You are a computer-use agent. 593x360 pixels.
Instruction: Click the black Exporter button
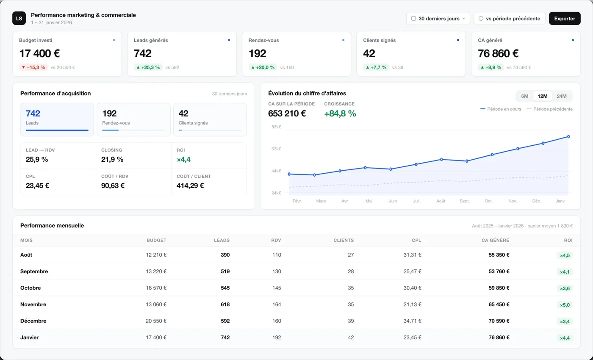(564, 19)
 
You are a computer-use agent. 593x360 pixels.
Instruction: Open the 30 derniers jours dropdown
(438, 19)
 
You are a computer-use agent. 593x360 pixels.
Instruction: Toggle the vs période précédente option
(509, 19)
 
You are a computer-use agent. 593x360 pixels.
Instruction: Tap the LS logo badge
(19, 18)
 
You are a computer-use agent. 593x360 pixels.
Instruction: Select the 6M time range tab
(524, 96)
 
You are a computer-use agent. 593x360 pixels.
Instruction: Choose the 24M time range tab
(562, 96)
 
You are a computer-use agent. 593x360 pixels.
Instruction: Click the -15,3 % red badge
(33, 67)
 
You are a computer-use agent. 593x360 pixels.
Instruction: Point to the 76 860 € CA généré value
(498, 53)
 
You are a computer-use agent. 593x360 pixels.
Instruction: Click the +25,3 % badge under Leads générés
(148, 67)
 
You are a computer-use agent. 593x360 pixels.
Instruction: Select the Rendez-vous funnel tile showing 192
(134, 119)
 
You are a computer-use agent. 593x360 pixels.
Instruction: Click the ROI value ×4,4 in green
(183, 159)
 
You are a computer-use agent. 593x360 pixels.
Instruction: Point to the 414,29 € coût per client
(190, 186)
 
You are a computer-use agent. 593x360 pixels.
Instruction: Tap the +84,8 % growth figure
(340, 114)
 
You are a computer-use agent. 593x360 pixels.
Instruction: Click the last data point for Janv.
(568, 136)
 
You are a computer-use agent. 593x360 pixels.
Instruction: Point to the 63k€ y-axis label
(276, 149)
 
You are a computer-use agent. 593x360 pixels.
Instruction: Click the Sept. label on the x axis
(465, 201)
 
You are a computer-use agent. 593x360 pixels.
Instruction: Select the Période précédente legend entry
(550, 109)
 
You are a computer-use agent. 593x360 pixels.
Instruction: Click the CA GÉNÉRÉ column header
(495, 240)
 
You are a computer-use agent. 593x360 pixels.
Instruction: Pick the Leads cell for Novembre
(225, 305)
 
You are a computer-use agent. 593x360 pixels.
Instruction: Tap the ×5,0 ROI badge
(565, 305)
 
